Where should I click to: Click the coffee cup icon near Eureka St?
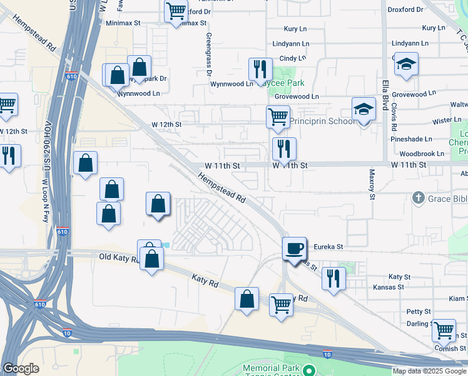(x=294, y=248)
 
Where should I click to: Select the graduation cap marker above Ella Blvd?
(x=406, y=65)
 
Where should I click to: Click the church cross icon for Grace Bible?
(x=419, y=199)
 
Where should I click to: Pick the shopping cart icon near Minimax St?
(x=176, y=11)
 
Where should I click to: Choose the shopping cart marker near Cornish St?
(x=444, y=330)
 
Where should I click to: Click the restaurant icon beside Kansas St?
(x=333, y=278)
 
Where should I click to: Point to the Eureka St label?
(x=329, y=248)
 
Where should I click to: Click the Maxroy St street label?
(x=371, y=184)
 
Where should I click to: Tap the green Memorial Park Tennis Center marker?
(x=308, y=371)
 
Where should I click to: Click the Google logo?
(x=20, y=368)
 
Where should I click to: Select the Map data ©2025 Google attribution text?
(x=429, y=371)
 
